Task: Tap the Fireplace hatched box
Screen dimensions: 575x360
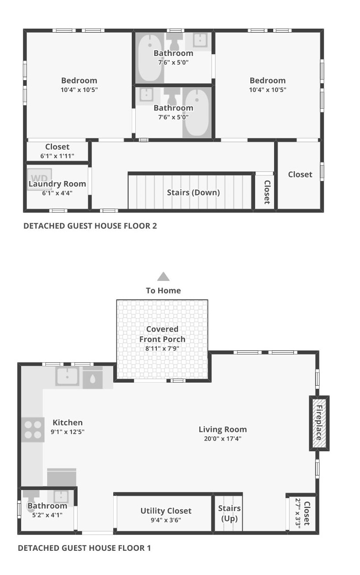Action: [x=319, y=423]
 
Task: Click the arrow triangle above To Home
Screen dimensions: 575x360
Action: [x=163, y=276]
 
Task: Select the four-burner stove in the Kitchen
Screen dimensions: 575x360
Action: [x=33, y=430]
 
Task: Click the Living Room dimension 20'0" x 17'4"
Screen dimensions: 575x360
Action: [x=222, y=439]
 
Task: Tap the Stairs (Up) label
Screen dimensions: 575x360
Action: [x=230, y=513]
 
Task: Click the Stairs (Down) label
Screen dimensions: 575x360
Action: [x=193, y=192]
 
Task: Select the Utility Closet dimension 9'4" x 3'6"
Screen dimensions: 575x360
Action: [x=166, y=520]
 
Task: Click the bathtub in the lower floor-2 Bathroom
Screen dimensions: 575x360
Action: [x=197, y=113]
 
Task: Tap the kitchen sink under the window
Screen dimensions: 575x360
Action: [x=67, y=376]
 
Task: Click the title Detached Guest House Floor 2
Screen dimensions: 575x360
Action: [x=90, y=226]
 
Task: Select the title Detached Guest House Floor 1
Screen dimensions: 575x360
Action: [x=84, y=548]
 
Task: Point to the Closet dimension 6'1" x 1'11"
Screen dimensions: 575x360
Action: [x=57, y=156]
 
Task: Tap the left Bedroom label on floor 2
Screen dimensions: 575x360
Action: [x=79, y=81]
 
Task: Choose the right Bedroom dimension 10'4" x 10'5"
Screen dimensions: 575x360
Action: [x=267, y=90]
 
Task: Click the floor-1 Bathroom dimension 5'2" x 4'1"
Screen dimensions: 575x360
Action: [x=47, y=515]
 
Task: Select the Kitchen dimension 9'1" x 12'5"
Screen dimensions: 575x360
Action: [x=67, y=432]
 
